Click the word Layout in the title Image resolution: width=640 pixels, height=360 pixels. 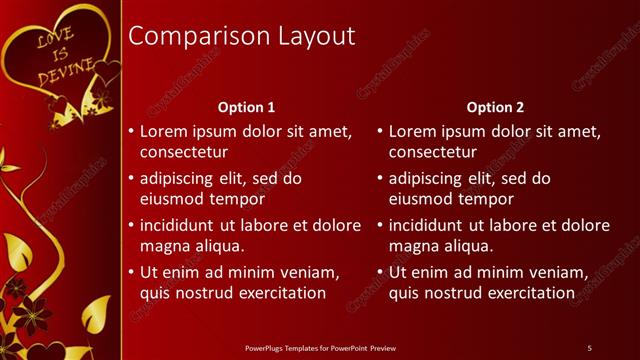pos(318,36)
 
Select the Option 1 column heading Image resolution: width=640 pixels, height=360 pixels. pos(246,107)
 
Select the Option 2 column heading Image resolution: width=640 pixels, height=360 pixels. pos(495,107)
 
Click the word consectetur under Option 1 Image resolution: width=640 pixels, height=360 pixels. pos(183,153)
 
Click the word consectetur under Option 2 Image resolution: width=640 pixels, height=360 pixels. pos(432,153)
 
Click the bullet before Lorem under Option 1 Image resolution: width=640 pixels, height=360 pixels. pos(130,132)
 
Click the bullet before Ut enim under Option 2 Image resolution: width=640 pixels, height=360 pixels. pos(379,272)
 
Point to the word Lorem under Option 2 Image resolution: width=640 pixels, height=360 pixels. pos(411,131)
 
